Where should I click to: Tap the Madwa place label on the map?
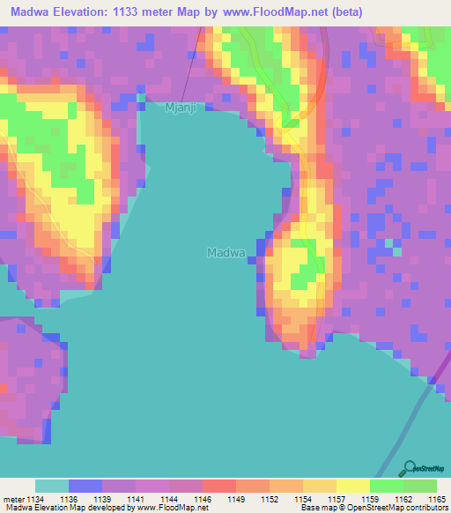point(225,252)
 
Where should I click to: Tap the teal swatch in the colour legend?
point(51,486)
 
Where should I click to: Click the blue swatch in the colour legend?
point(85,486)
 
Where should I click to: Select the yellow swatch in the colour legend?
point(352,486)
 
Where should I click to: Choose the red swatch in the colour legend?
point(218,486)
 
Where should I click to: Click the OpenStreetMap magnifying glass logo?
point(409,468)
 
